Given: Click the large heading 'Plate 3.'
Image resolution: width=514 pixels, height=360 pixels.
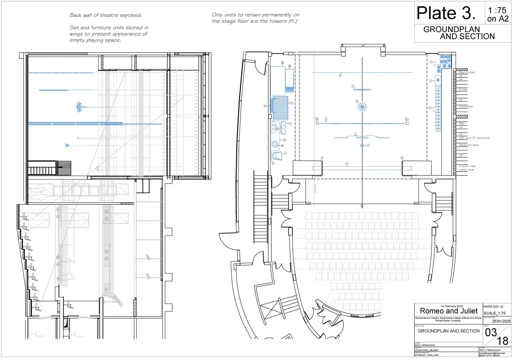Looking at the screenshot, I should click(x=446, y=13).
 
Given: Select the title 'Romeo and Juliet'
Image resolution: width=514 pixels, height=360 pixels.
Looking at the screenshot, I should click(x=448, y=311).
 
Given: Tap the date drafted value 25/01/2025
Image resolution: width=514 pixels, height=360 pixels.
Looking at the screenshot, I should click(x=501, y=321).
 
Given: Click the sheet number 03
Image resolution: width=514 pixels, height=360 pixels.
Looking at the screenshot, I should click(x=490, y=333).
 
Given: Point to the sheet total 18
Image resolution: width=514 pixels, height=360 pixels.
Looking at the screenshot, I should click(x=502, y=341).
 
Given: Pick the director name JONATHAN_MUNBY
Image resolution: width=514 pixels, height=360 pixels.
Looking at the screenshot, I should click(x=427, y=350).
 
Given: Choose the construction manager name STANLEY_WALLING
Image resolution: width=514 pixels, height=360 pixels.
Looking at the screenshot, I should click(x=427, y=355).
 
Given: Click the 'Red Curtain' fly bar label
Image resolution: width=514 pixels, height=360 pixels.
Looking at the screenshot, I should click(x=467, y=73).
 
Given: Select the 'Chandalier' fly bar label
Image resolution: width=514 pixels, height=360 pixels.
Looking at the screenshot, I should click(x=466, y=107).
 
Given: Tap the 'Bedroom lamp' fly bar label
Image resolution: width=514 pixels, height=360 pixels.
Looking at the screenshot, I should click(x=469, y=145).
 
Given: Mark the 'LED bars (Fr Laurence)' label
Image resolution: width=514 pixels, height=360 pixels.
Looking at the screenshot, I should click(x=474, y=138).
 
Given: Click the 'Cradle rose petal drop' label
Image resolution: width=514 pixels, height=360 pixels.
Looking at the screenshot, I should click(x=467, y=168).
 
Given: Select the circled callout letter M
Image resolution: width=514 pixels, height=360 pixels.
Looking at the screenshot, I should click(x=357, y=101).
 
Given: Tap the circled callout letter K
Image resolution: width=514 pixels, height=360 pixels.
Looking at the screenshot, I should click(x=346, y=163).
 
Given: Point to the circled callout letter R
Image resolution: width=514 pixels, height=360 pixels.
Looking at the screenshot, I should click(x=290, y=66).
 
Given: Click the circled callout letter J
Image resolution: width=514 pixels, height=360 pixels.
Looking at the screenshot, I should click(x=265, y=106).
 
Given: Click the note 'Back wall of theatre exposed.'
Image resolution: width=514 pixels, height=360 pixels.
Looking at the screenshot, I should click(x=106, y=15).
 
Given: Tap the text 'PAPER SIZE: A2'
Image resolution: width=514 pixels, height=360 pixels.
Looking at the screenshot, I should click(x=493, y=307).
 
